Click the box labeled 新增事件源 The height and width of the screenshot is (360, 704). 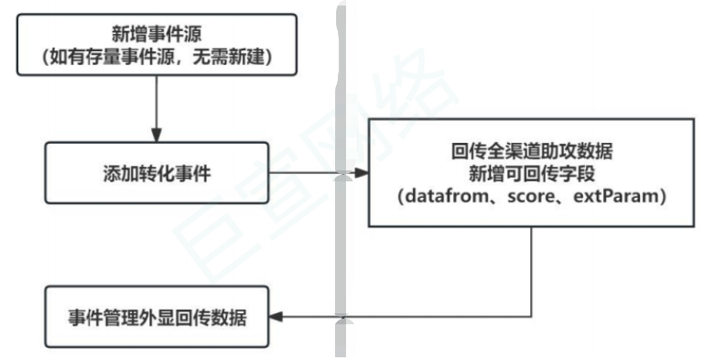157,45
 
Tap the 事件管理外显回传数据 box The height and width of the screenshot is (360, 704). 157,318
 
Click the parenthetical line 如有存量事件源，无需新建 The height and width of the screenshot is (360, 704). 157,59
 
